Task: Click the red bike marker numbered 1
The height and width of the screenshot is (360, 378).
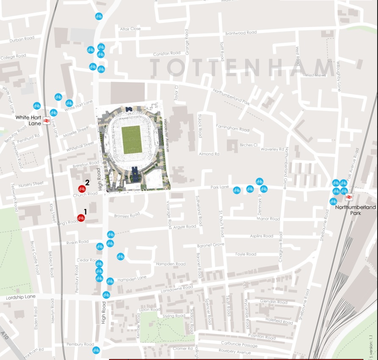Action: click(x=81, y=218)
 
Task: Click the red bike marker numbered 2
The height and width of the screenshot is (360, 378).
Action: click(x=82, y=189)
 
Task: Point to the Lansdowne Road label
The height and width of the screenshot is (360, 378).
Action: click(x=177, y=289)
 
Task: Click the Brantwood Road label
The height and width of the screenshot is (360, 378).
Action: click(x=241, y=33)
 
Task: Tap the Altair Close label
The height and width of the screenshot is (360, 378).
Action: click(x=130, y=29)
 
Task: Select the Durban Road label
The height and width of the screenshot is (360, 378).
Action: click(x=22, y=38)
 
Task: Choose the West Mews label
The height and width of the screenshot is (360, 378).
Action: click(x=315, y=75)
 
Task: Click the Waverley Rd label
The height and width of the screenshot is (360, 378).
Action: click(x=272, y=149)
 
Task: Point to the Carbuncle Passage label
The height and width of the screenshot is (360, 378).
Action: click(x=239, y=345)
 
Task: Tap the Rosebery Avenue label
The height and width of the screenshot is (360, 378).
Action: click(x=235, y=352)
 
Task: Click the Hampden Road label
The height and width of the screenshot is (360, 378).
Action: click(x=171, y=264)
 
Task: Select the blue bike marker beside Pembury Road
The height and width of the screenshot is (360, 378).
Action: click(x=96, y=350)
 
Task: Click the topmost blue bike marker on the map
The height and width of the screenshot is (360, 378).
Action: click(x=99, y=16)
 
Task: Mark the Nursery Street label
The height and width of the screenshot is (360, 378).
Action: click(x=31, y=184)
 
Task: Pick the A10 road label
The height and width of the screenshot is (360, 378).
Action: click(x=5, y=335)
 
